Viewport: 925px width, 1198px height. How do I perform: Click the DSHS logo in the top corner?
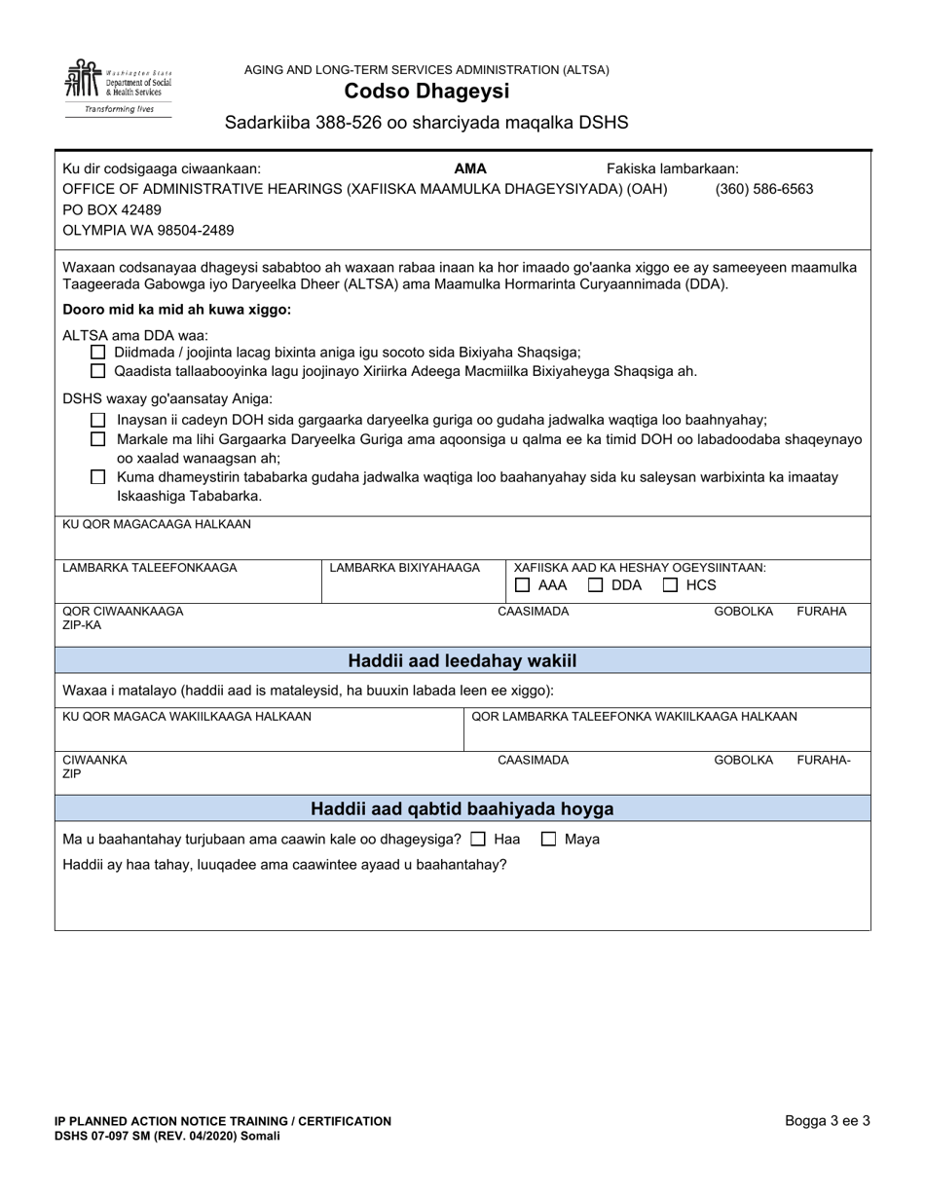118,87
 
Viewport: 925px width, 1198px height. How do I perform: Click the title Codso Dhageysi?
425,92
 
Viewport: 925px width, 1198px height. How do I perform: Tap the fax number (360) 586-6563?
763,189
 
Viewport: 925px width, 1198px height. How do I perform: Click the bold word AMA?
470,168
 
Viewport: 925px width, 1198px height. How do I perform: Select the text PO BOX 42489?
112,210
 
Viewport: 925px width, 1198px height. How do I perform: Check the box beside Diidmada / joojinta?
96,353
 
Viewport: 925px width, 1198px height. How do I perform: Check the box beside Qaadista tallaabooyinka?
96,371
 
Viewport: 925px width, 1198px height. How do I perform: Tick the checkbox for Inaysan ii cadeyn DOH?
97,420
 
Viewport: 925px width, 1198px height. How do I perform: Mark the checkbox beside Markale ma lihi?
97,439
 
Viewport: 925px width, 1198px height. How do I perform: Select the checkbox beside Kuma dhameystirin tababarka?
97,477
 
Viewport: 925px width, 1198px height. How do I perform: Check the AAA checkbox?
523,585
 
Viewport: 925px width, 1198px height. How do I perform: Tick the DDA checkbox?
596,585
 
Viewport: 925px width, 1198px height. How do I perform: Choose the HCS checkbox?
671,585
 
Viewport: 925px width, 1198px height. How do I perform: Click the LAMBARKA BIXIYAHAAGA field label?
405,568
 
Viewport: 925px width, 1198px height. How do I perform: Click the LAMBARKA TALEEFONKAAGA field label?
150,568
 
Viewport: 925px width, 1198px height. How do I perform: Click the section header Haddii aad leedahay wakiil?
462,661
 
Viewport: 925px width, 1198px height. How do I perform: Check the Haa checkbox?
478,839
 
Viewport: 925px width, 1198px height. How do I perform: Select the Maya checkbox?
549,839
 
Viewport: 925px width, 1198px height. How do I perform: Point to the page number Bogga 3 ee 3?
828,1121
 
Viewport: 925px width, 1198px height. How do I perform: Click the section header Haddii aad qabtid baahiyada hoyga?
462,809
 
